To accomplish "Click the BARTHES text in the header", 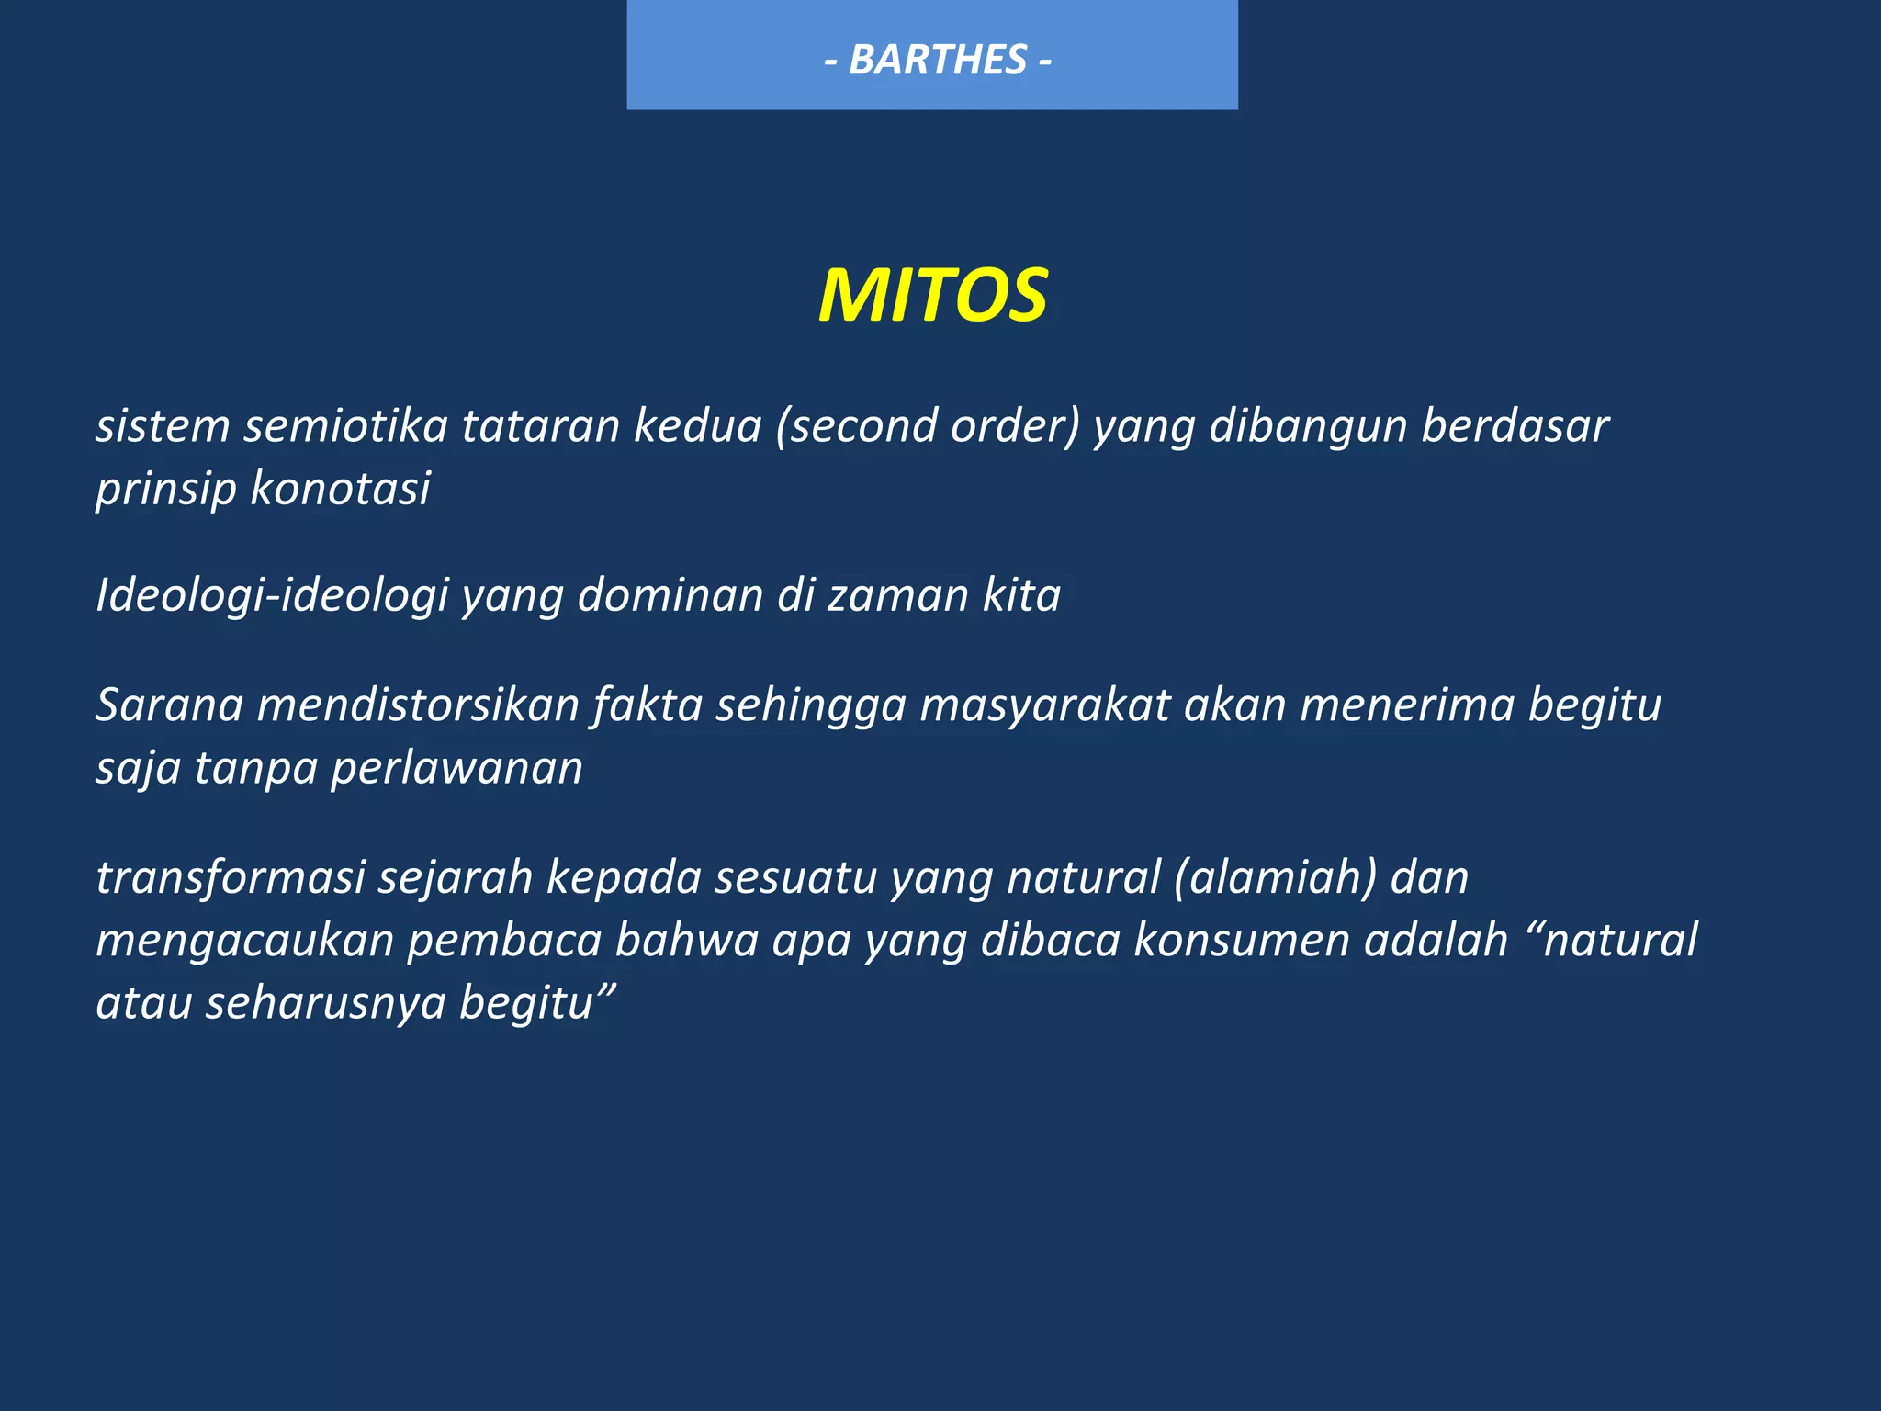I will tap(938, 61).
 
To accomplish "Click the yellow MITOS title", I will tap(932, 296).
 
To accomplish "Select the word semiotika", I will tap(345, 426).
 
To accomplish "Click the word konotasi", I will tap(340, 488).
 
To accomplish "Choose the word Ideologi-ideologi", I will tap(272, 595).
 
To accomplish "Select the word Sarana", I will tap(169, 705).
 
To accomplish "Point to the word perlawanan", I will tap(456, 768).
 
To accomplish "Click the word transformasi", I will tap(231, 877).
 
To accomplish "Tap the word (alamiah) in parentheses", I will tap(1276, 877).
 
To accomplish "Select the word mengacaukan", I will tap(244, 940).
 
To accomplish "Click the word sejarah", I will tap(456, 877).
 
